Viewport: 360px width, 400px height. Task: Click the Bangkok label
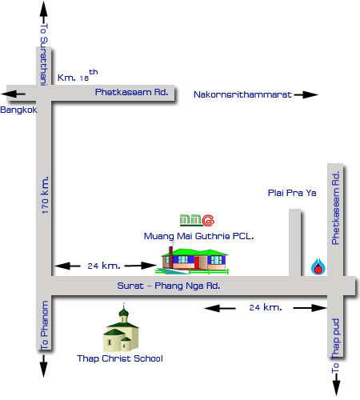pyautogui.click(x=18, y=110)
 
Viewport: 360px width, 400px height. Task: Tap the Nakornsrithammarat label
pyautogui.click(x=242, y=94)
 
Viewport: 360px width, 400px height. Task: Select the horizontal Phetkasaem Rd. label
pyautogui.click(x=131, y=92)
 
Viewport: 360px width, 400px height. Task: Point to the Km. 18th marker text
pyautogui.click(x=78, y=75)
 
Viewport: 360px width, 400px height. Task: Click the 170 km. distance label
pyautogui.click(x=45, y=194)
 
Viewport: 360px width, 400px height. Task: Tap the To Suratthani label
pyautogui.click(x=44, y=54)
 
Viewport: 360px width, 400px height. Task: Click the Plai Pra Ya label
pyautogui.click(x=292, y=193)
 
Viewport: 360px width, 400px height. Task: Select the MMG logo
pyautogui.click(x=197, y=220)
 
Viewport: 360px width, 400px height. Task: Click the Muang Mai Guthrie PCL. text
pyautogui.click(x=198, y=236)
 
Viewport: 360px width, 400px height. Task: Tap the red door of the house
pyautogui.click(x=197, y=263)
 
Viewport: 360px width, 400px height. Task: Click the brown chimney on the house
pyautogui.click(x=170, y=250)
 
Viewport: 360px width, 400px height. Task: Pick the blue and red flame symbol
pyautogui.click(x=318, y=266)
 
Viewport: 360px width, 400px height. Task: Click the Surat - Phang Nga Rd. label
pyautogui.click(x=169, y=286)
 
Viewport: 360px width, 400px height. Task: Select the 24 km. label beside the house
pyautogui.click(x=104, y=266)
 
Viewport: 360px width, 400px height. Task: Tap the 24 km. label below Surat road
pyautogui.click(x=266, y=307)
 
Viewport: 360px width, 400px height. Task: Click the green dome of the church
pyautogui.click(x=123, y=312)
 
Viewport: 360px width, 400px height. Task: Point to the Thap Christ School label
pyautogui.click(x=120, y=358)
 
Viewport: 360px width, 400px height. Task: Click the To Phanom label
pyautogui.click(x=44, y=325)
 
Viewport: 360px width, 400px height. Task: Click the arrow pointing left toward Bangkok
pyautogui.click(x=13, y=94)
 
